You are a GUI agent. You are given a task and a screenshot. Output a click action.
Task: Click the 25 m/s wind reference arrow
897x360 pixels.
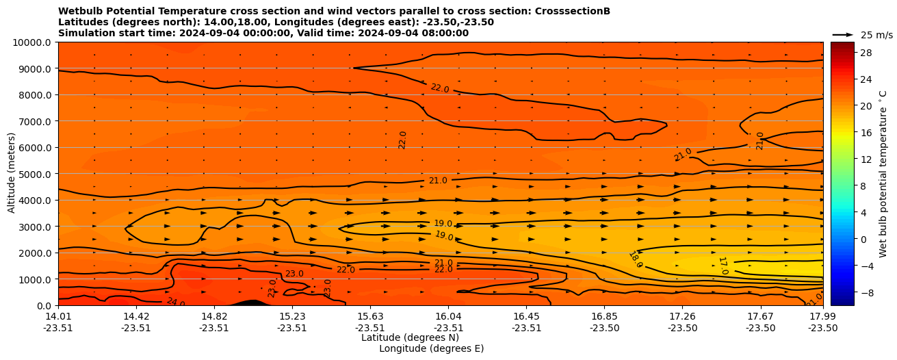(842, 34)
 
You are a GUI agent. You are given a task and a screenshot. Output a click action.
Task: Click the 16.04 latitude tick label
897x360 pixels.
(447, 316)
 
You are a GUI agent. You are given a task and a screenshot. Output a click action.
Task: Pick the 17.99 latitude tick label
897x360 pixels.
(822, 316)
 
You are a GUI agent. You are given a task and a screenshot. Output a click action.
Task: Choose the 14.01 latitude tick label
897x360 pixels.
(58, 316)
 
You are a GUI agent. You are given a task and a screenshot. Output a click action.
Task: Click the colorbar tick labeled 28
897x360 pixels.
(865, 53)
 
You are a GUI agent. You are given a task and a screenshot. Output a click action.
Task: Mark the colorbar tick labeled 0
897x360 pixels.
(862, 239)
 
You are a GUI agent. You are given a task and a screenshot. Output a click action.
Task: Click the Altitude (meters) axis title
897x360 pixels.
(12, 174)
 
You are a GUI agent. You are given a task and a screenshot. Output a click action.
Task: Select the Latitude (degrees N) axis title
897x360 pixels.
(410, 337)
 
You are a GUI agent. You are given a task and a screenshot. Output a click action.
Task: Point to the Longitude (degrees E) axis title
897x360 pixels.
(431, 348)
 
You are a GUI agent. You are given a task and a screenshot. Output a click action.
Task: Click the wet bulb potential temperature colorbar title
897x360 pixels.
(883, 173)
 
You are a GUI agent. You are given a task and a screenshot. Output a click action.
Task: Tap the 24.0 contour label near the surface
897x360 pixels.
(175, 302)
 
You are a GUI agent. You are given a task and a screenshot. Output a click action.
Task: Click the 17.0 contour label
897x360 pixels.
(723, 266)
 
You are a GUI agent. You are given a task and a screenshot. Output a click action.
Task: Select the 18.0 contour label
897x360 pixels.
(636, 259)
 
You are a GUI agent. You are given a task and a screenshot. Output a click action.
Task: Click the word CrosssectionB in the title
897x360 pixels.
(575, 11)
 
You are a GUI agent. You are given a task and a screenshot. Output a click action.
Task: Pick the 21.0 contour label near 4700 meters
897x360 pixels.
(438, 181)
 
